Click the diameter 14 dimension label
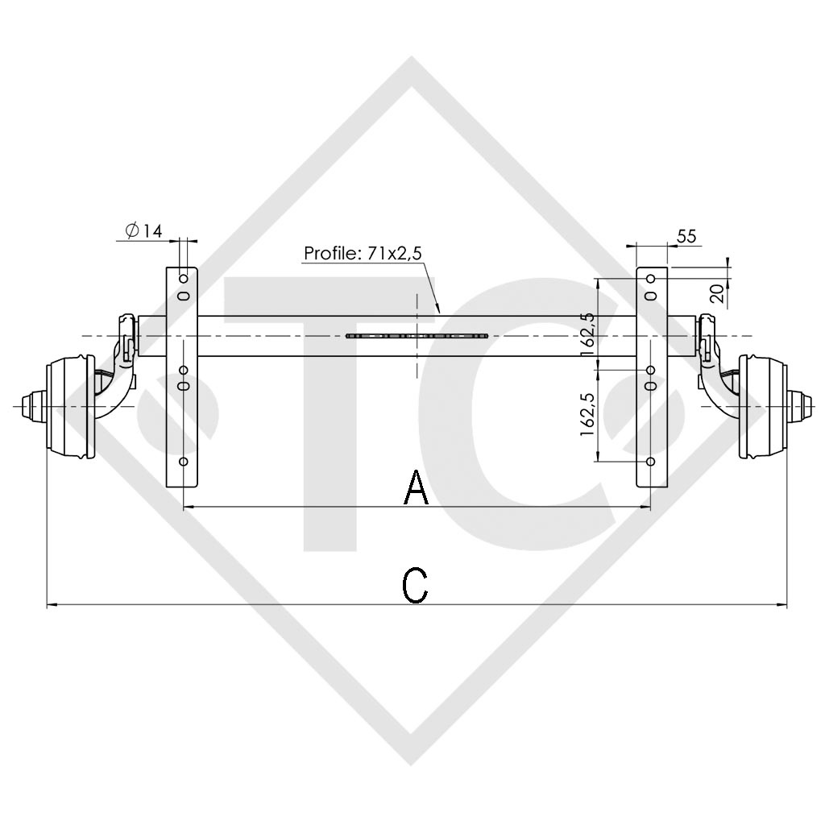pyautogui.click(x=143, y=231)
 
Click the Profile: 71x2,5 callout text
pyautogui.click(x=363, y=253)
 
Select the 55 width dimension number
pyautogui.click(x=686, y=236)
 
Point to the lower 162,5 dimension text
pyautogui.click(x=587, y=414)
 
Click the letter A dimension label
pyautogui.click(x=416, y=488)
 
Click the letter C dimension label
pyautogui.click(x=415, y=586)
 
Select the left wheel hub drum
pyautogui.click(x=71, y=404)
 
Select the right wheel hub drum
pyautogui.click(x=761, y=405)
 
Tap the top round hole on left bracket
pyautogui.click(x=184, y=278)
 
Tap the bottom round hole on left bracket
pyautogui.click(x=184, y=462)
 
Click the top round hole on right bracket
pyautogui.click(x=651, y=278)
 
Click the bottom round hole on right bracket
pyautogui.click(x=651, y=462)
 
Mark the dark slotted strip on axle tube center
pyautogui.click(x=417, y=335)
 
